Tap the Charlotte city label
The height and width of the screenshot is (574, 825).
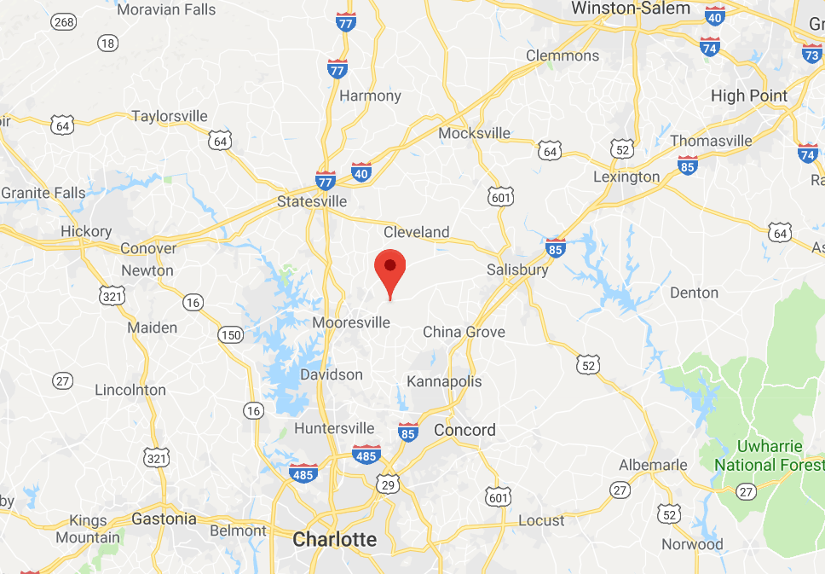tap(334, 539)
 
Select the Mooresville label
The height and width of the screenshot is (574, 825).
tap(351, 322)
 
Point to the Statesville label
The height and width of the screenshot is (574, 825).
tap(312, 201)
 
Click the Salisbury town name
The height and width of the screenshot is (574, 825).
tap(517, 270)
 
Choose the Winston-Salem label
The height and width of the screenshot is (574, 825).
tap(630, 8)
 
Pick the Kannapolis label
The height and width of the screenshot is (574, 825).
tap(444, 381)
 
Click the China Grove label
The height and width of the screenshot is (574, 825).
tap(464, 332)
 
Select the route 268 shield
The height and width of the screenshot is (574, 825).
tap(63, 20)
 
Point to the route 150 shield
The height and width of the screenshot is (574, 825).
tap(230, 334)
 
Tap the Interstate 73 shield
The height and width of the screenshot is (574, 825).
tap(812, 54)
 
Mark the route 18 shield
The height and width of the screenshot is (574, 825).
tap(107, 43)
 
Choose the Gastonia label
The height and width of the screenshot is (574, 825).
tap(164, 519)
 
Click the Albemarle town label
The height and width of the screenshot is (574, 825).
tap(653, 465)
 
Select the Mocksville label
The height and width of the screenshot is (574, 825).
tap(474, 133)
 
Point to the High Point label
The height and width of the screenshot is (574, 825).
tap(749, 96)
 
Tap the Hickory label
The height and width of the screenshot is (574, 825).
tap(86, 231)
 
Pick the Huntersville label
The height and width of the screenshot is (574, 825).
tap(334, 428)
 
